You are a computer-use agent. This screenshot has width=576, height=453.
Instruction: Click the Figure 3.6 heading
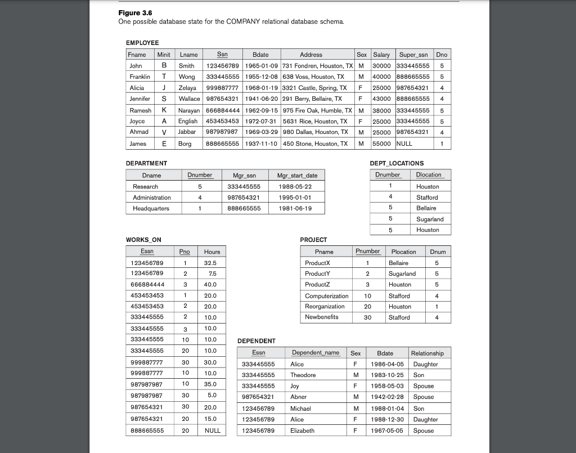point(135,13)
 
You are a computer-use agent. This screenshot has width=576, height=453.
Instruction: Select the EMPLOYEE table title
point(142,43)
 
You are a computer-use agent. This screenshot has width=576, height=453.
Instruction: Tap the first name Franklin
point(139,77)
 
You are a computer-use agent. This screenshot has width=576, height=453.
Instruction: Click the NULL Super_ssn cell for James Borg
point(404,143)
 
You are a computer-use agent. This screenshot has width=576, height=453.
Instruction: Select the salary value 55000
point(382,143)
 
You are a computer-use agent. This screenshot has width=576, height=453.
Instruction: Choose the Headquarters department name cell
point(151,208)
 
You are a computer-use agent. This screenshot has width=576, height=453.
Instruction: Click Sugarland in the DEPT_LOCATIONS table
point(430,219)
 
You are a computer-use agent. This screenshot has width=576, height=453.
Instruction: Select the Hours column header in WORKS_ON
point(212,252)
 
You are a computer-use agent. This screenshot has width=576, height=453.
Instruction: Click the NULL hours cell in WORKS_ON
point(212,430)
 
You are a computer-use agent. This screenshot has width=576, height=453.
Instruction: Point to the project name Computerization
point(326,296)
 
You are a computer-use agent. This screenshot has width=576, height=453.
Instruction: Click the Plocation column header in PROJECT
point(403,252)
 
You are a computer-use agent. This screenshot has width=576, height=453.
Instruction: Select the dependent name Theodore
point(303,375)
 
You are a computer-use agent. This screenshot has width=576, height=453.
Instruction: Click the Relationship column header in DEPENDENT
point(427,353)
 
